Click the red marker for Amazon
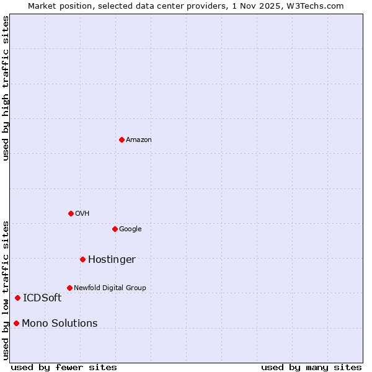point(122,139)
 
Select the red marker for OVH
point(71,213)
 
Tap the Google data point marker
point(115,229)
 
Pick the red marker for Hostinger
point(82,259)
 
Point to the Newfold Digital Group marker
point(69,288)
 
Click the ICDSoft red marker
point(17,298)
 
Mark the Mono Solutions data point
point(16,323)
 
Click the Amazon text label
point(139,140)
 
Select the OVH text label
point(82,214)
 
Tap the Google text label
point(130,229)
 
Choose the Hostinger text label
point(112,260)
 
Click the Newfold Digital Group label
point(110,288)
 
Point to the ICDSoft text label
point(42,298)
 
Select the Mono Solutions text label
point(60,324)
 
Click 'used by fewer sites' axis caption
point(64,367)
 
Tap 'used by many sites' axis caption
point(311,367)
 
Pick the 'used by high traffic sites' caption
point(6,88)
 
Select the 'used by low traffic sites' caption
point(6,290)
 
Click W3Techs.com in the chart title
point(315,6)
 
